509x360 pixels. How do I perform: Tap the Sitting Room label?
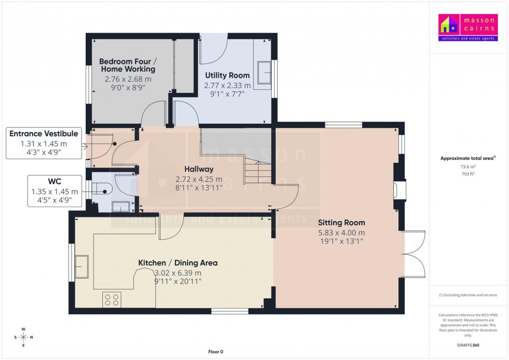click(341, 223)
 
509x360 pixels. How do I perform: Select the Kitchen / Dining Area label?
click(178, 263)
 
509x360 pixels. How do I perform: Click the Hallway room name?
click(198, 169)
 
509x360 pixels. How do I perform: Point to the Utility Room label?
click(227, 75)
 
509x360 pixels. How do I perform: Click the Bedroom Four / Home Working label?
click(127, 65)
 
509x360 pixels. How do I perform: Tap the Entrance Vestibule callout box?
click(44, 143)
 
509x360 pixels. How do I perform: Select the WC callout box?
click(55, 190)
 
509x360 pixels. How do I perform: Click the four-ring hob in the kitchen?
click(112, 300)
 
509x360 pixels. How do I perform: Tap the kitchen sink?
click(82, 266)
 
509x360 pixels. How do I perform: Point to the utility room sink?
click(265, 72)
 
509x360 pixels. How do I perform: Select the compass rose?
click(23, 337)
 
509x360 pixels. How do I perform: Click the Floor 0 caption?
click(216, 352)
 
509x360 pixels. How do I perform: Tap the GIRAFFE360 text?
click(468, 345)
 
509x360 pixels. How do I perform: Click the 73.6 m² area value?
click(468, 167)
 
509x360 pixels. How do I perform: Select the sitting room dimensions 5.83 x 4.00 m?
click(341, 233)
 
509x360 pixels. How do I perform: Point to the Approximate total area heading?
click(467, 158)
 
